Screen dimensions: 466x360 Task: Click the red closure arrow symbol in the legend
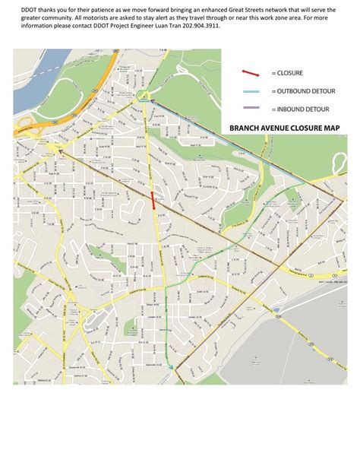click(251, 73)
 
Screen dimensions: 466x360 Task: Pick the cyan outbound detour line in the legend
click(251, 90)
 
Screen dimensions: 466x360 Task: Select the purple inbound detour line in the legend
click(251, 108)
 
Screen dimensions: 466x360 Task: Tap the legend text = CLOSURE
click(287, 73)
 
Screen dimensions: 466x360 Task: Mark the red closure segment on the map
click(153, 200)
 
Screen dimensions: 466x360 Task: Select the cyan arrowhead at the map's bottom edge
click(172, 369)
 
